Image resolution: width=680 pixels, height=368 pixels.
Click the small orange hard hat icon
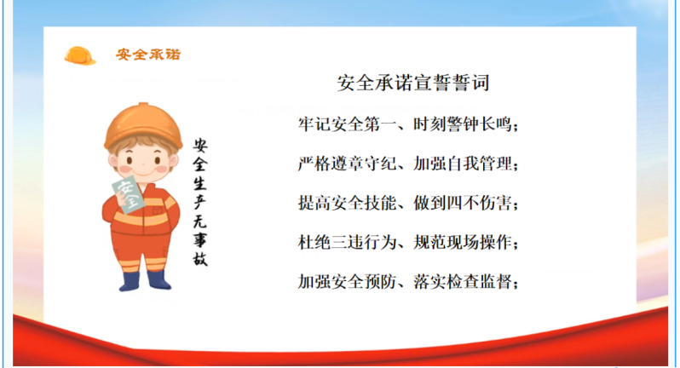click(80, 56)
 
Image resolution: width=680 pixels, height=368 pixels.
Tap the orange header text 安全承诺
click(148, 55)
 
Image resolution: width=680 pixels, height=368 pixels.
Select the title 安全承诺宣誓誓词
click(413, 83)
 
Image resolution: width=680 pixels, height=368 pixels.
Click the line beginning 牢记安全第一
click(408, 124)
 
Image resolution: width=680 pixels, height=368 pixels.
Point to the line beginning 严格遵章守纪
click(408, 164)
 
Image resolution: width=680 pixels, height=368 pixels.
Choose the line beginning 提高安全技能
click(408, 203)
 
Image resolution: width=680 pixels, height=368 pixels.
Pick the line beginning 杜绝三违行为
click(408, 242)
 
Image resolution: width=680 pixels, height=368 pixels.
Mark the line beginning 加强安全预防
click(408, 282)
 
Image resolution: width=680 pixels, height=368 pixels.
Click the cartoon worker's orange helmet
click(142, 126)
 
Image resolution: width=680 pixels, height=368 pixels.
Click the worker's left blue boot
click(130, 281)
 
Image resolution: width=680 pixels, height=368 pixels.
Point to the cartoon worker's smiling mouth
click(143, 172)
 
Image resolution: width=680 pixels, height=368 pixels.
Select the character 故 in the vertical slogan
click(200, 259)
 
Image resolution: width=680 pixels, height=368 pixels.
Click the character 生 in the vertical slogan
click(200, 183)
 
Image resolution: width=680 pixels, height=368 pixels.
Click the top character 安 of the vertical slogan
click(200, 146)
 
